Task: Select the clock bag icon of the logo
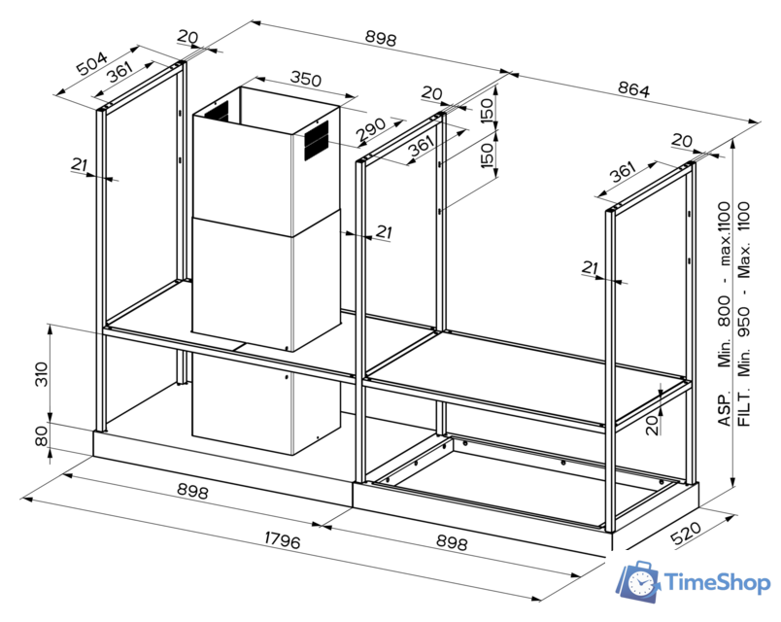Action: coord(639,580)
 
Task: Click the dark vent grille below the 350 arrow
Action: coord(317,144)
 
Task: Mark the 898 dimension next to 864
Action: coord(380,39)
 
